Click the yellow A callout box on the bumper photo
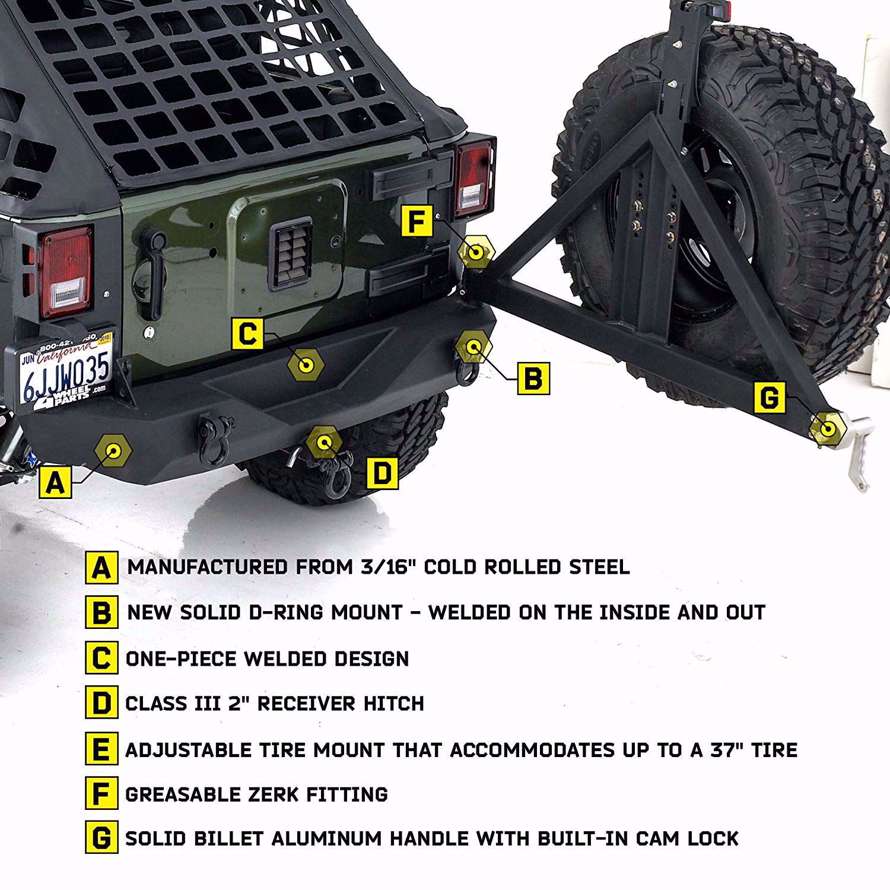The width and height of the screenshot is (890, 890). coord(55,481)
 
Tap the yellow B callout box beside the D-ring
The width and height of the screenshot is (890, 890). coord(533,377)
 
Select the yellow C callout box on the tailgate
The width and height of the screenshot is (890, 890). coord(247,333)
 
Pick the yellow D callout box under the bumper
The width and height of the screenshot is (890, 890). coord(382,473)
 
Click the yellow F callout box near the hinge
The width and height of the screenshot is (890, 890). coord(417,221)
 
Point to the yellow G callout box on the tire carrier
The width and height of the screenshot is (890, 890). coord(769,397)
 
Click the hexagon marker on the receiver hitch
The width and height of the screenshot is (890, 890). coord(324,443)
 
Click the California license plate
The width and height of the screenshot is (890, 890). coord(65,372)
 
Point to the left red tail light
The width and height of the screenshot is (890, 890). coord(66,272)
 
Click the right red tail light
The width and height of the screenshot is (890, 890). coord(475,180)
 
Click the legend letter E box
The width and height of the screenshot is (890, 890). coord(101,749)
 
